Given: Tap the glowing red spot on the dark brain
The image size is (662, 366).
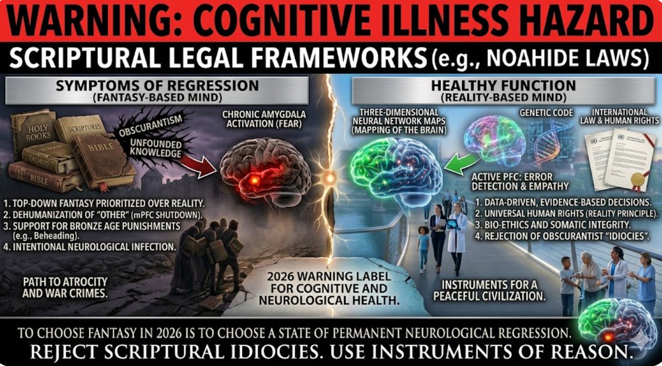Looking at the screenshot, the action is pos(255,180).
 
